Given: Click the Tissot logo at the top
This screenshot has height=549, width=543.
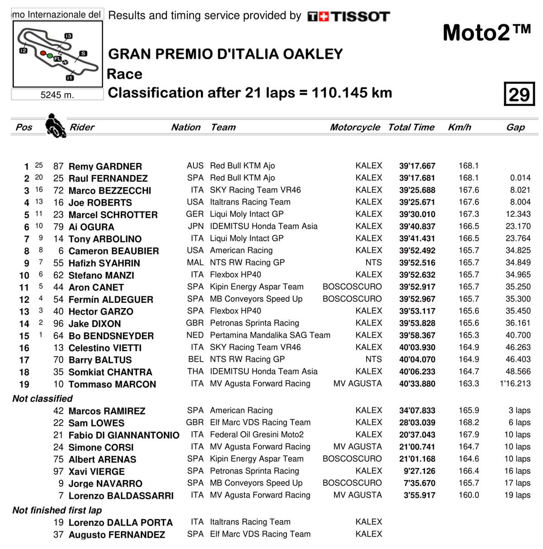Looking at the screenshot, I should point(348,17).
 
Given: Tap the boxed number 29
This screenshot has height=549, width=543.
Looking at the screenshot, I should point(519,94).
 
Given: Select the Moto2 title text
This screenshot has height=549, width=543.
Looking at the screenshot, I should point(486,33).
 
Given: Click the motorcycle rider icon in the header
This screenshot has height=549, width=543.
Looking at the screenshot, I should point(55,125).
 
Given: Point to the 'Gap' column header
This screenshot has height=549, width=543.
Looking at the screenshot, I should point(515,127).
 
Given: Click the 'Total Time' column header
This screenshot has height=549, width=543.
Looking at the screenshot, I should point(411,127).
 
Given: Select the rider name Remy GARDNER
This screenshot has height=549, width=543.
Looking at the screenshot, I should point(105,166).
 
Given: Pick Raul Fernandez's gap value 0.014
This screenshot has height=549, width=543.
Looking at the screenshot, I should point(520,178).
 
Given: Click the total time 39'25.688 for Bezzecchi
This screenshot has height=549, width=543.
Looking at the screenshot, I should point(417,190).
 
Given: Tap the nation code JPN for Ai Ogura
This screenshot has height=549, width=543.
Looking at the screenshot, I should point(195,226).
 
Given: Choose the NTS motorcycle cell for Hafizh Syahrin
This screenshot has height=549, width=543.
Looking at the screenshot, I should point(373,263).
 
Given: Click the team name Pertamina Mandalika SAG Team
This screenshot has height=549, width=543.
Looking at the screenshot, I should point(270,335).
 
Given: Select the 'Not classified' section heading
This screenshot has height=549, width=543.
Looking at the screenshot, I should point(43,398).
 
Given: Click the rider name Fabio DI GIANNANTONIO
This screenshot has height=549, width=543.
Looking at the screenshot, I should point(124,435).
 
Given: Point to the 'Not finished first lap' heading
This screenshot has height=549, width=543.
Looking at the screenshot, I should point(57,510).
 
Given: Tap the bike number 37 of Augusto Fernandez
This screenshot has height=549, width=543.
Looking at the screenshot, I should point(58,535).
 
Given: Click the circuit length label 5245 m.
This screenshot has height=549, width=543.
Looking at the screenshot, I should point(57,95).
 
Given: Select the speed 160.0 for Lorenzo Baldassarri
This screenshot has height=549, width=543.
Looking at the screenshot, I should point(469,495).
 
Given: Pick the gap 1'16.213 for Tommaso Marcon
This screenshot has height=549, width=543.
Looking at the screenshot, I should point(515,383).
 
